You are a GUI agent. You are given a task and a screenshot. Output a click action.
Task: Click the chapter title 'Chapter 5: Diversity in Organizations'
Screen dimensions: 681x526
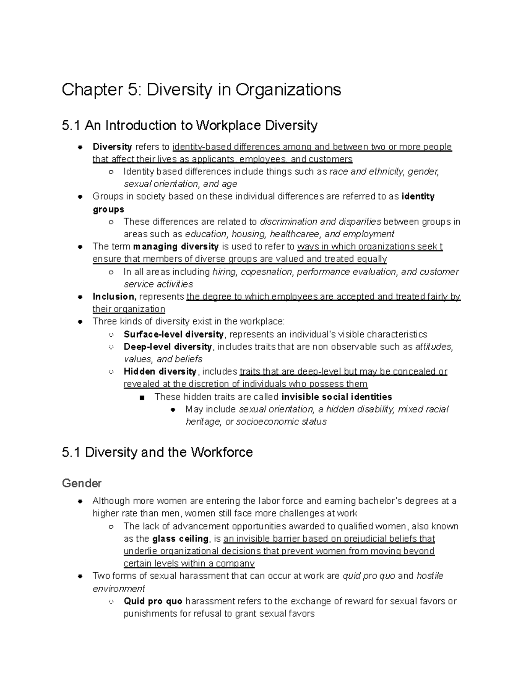(x=201, y=90)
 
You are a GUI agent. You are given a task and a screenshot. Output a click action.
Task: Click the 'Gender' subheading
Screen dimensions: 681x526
(x=82, y=483)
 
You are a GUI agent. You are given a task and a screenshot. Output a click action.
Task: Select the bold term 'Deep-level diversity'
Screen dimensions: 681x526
(x=168, y=347)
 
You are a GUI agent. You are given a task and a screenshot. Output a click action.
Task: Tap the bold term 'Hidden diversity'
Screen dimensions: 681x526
(x=160, y=371)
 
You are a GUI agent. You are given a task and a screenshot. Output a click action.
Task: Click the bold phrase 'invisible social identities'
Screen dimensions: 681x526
(x=337, y=397)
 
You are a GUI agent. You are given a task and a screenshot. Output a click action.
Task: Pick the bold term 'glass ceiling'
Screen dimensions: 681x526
(x=180, y=538)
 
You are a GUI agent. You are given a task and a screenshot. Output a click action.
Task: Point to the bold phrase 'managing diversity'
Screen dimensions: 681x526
(x=176, y=246)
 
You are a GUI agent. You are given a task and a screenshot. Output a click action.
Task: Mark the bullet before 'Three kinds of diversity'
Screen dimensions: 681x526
(x=80, y=321)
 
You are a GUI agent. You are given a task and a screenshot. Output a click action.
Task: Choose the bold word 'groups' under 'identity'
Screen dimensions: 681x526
(x=108, y=209)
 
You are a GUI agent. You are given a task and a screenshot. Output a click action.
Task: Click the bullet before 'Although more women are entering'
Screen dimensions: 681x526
(x=80, y=501)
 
